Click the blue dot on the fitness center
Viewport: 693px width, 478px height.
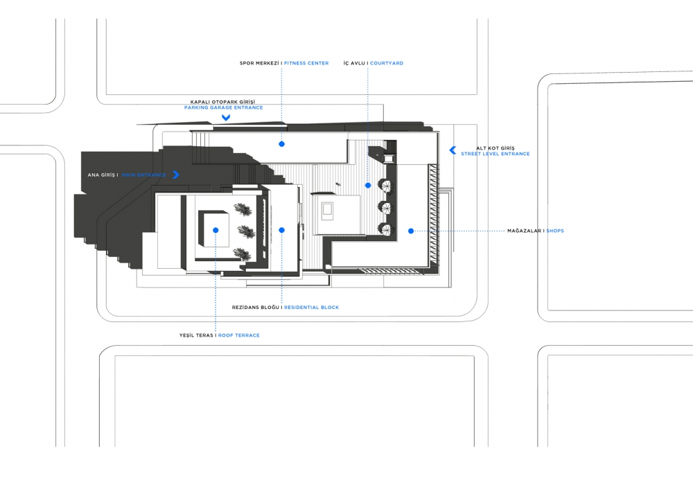[281, 144]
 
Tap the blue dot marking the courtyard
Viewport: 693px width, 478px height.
[368, 186]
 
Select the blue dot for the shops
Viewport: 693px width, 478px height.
[411, 231]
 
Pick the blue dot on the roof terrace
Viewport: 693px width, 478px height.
[216, 230]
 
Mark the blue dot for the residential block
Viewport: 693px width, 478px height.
[281, 230]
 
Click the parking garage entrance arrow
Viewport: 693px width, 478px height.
[226, 118]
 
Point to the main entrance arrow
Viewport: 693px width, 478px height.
[176, 175]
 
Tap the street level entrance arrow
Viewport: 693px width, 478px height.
[453, 150]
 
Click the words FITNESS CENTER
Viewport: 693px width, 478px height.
[306, 63]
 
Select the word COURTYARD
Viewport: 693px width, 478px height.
[387, 63]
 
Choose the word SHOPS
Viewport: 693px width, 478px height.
[555, 231]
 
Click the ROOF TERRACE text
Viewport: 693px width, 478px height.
[238, 335]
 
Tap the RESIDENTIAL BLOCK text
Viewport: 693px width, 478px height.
[312, 308]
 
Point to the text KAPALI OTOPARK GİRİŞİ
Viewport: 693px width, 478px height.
[222, 102]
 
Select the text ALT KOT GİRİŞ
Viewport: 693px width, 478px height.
[495, 148]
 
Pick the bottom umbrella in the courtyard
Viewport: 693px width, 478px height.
[385, 229]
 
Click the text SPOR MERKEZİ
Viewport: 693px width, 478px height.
[259, 63]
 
